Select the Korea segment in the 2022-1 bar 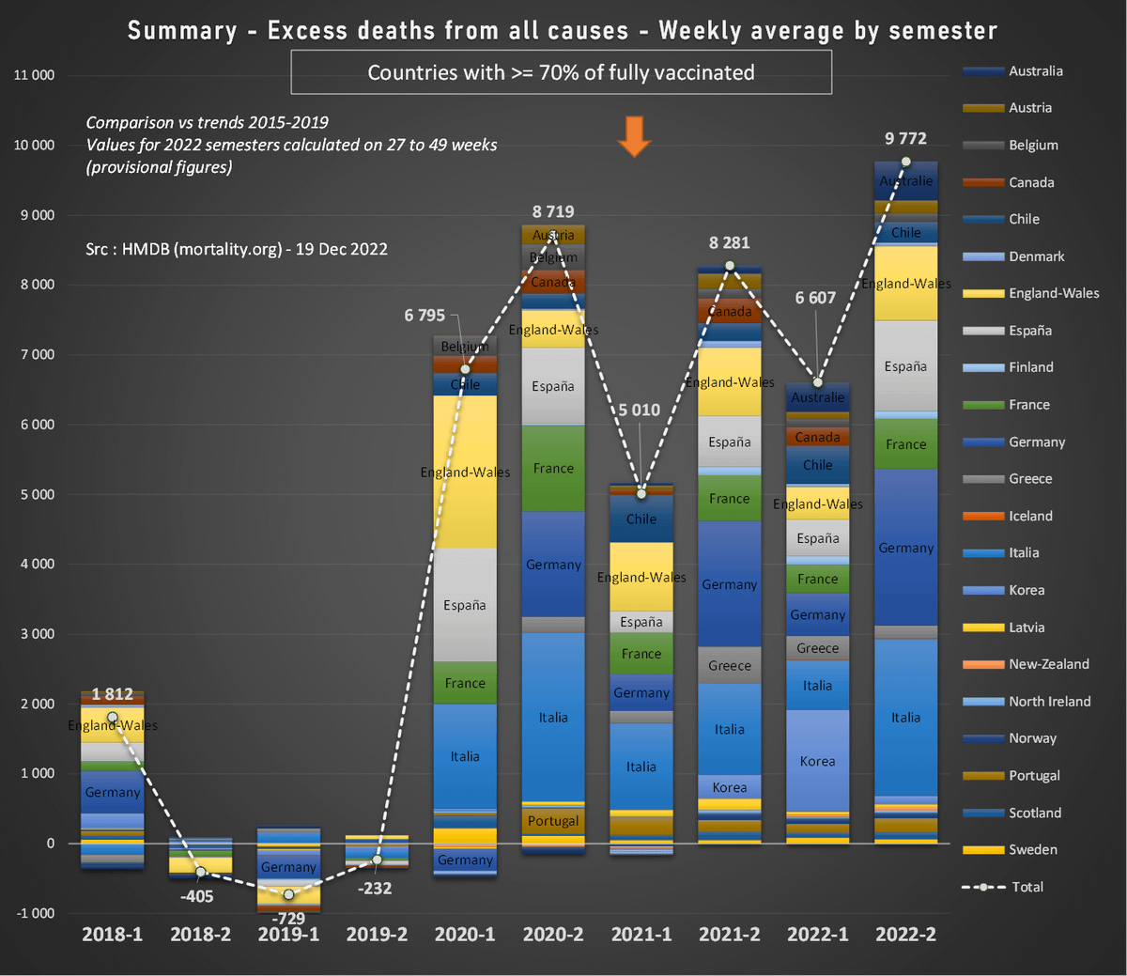[817, 761]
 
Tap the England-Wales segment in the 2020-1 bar [465, 472]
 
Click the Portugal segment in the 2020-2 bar [553, 820]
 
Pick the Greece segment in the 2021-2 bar [730, 665]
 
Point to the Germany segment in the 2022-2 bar [905, 548]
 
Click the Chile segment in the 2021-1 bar [641, 519]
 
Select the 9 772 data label [905, 139]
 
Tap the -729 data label [288, 919]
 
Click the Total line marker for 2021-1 [641, 493]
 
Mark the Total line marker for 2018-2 [200, 872]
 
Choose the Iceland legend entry [1030, 516]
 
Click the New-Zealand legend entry [1048, 664]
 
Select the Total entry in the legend [1027, 887]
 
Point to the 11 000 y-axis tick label [34, 75]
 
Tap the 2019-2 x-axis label [377, 935]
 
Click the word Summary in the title [182, 31]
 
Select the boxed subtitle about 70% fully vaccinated [561, 72]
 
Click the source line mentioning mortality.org [237, 249]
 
